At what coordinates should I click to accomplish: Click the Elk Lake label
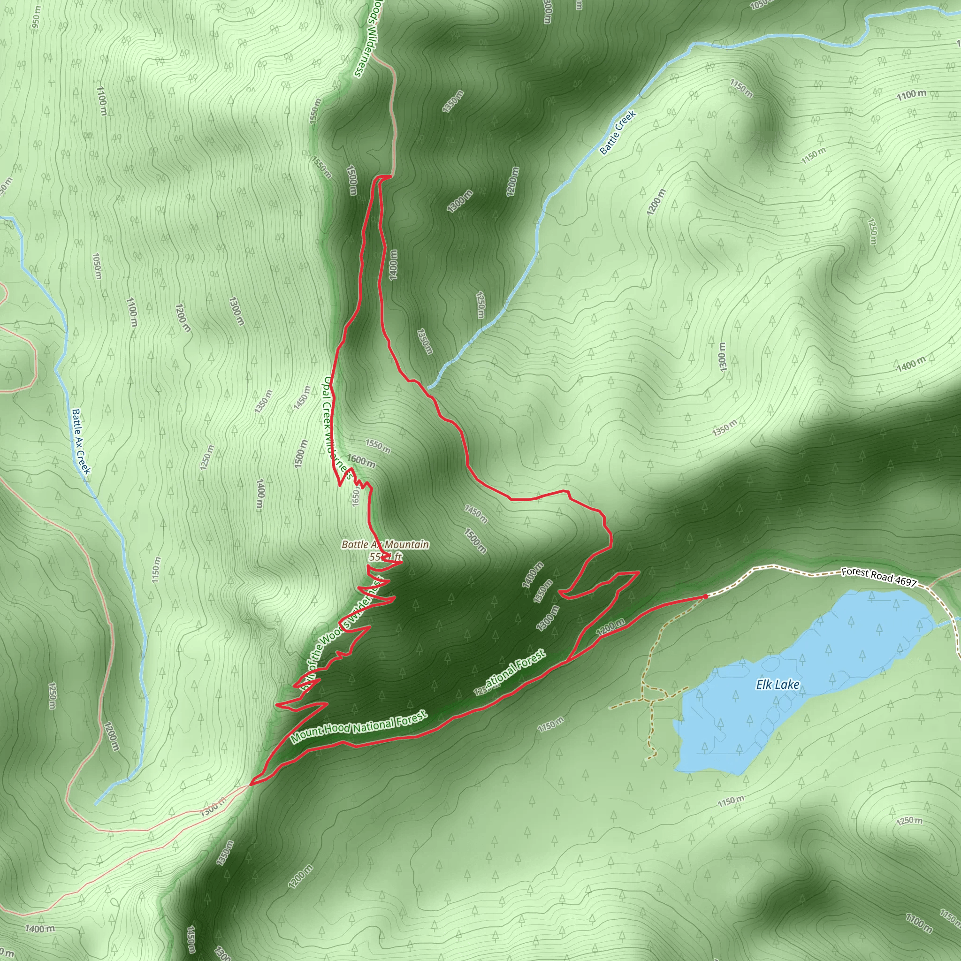click(778, 685)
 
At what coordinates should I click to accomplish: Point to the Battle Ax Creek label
click(81, 441)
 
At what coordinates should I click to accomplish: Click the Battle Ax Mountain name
click(384, 545)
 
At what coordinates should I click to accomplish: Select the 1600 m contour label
click(361, 461)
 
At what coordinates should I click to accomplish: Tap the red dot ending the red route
click(705, 596)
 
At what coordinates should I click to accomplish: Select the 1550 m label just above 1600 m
click(378, 446)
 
